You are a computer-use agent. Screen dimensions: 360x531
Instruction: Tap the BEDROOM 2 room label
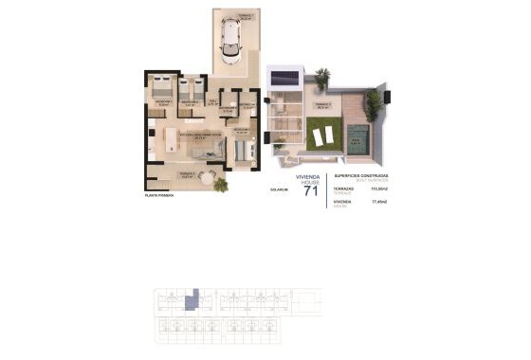[188, 102]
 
